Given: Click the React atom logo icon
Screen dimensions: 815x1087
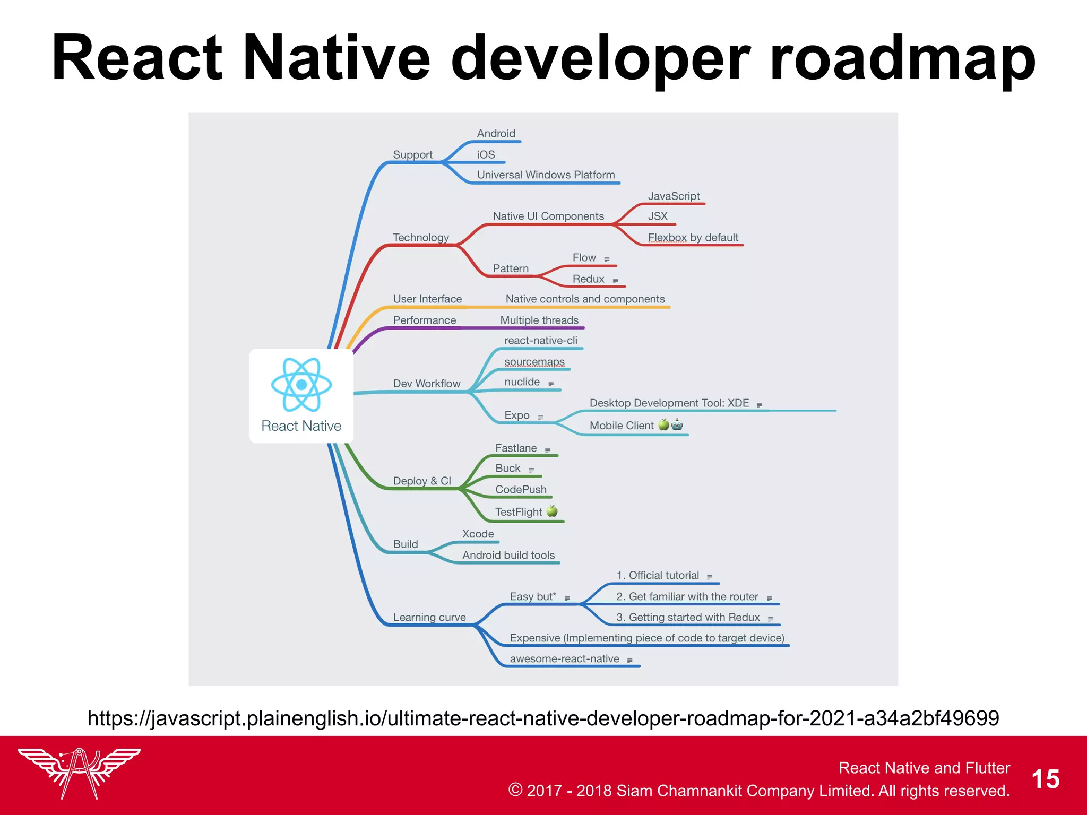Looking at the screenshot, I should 301,384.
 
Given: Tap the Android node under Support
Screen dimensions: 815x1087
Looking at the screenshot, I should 496,134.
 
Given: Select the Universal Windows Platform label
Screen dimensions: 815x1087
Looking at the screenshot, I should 546,175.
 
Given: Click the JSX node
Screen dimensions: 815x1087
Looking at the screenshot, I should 658,216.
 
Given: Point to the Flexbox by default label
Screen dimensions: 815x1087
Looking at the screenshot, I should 693,238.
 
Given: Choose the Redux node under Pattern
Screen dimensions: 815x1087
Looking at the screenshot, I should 588,279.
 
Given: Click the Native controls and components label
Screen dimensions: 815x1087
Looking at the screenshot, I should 585,299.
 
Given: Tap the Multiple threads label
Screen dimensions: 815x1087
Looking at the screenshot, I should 539,320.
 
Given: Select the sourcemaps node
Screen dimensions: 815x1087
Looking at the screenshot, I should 534,362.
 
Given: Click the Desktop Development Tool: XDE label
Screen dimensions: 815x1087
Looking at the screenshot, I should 669,403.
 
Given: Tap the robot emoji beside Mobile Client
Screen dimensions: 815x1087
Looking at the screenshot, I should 677,424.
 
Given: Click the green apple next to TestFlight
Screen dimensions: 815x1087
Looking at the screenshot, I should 552,511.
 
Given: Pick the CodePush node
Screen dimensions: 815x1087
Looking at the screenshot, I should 521,490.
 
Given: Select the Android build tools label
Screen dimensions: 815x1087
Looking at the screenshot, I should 508,556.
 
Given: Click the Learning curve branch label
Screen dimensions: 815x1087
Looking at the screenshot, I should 429,618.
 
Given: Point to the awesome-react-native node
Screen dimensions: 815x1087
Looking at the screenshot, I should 564,659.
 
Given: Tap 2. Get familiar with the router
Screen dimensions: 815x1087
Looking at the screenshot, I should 687,597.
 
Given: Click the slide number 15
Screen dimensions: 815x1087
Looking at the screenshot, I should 1045,779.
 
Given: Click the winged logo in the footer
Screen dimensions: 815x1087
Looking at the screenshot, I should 79,773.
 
